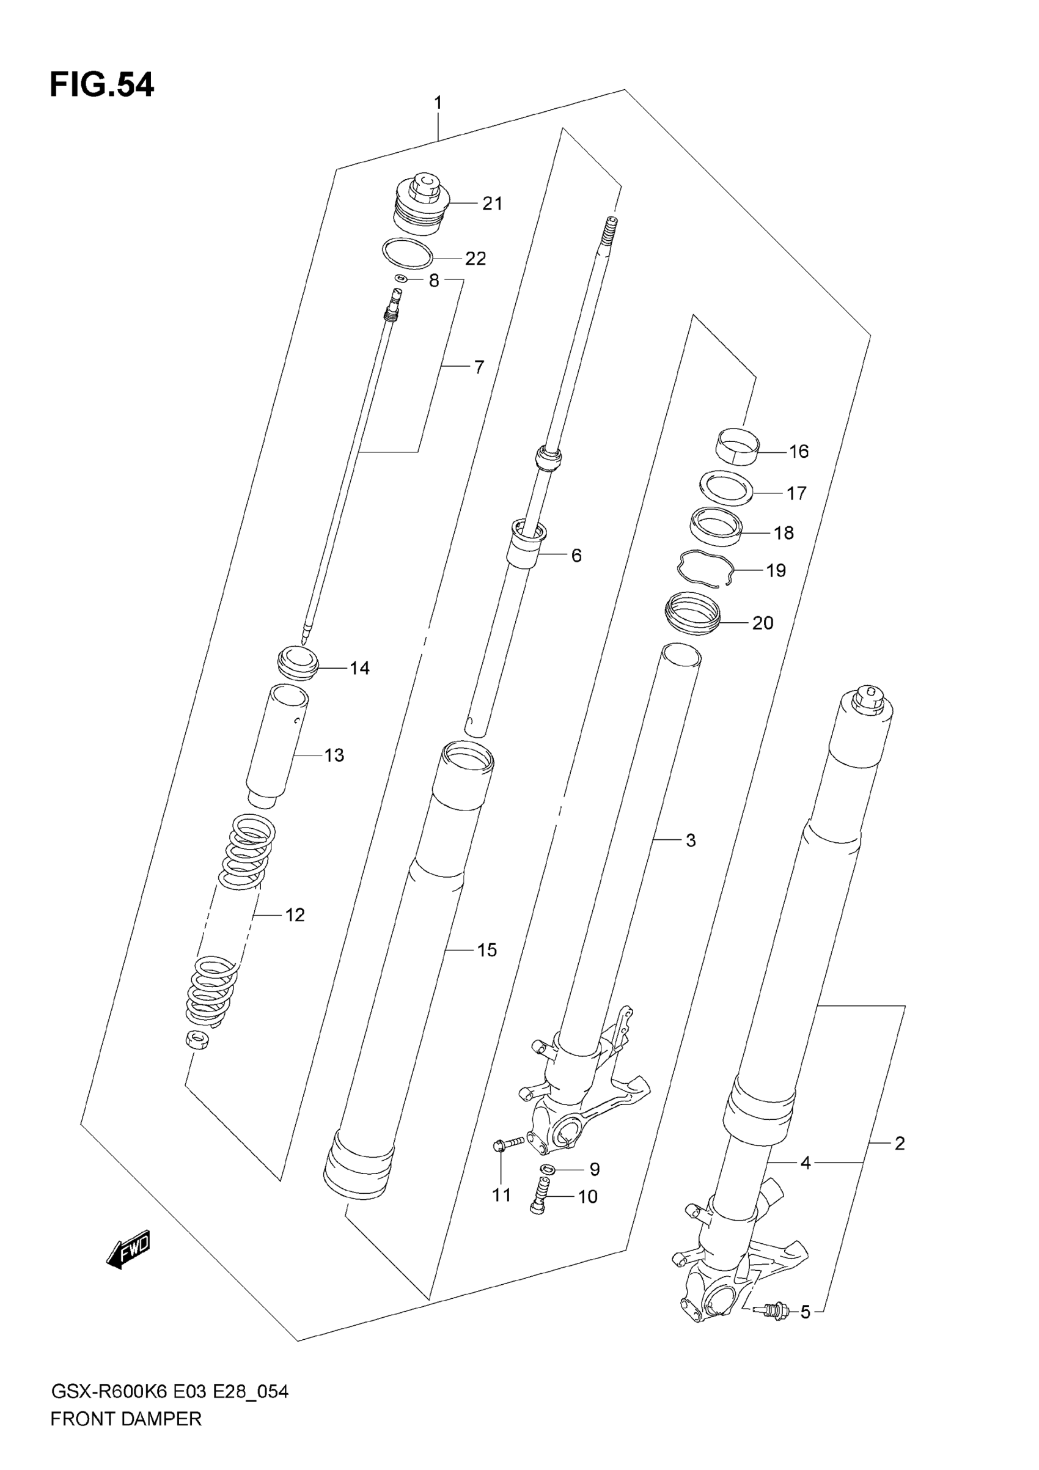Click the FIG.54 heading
point(102,85)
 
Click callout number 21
point(492,204)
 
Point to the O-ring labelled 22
point(407,254)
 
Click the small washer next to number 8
point(402,279)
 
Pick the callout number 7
point(479,367)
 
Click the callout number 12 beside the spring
point(295,915)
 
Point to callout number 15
point(486,950)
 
